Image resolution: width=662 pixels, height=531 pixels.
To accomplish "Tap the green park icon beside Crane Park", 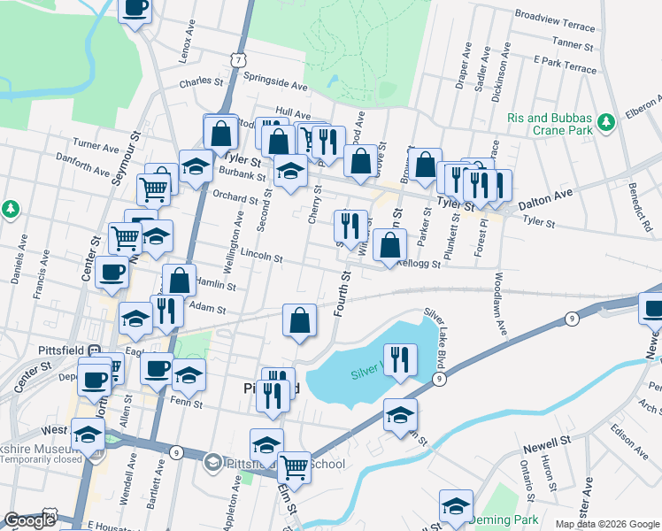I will point(606,120).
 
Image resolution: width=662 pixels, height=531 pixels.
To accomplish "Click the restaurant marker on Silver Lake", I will point(400,360).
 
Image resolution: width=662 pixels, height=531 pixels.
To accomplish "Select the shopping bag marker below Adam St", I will point(300,320).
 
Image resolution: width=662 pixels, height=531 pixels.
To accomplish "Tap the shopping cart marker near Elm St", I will point(294,467).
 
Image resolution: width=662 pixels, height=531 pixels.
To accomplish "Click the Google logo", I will point(29,520).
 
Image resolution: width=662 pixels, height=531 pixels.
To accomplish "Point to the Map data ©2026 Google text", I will point(605,524).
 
